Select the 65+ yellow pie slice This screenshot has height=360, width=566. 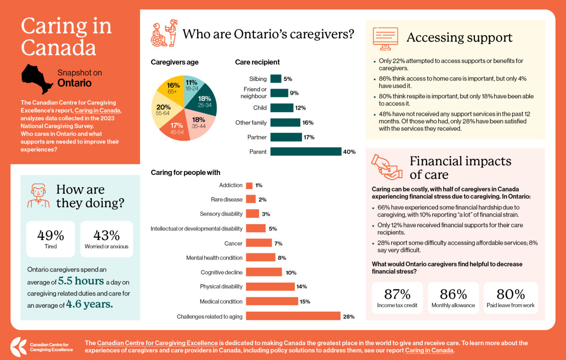click(x=170, y=89)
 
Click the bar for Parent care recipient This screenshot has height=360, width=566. click(x=306, y=151)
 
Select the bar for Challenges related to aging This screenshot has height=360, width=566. click(x=293, y=316)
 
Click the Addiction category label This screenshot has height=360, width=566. click(x=230, y=185)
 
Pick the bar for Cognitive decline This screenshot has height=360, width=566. click(x=264, y=272)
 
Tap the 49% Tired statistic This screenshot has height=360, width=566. click(x=50, y=239)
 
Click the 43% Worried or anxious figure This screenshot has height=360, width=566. click(x=106, y=239)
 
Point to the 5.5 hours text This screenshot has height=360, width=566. click(x=81, y=281)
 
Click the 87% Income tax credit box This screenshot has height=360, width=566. click(x=397, y=298)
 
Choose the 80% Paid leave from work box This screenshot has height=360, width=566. click(x=511, y=298)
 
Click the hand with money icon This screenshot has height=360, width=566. click(x=386, y=167)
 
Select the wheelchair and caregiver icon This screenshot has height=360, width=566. click(x=164, y=33)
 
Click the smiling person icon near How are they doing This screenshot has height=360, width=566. click(x=38, y=196)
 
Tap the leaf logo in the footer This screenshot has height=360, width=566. click(x=18, y=347)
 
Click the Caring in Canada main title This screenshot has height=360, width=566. click(x=66, y=36)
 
